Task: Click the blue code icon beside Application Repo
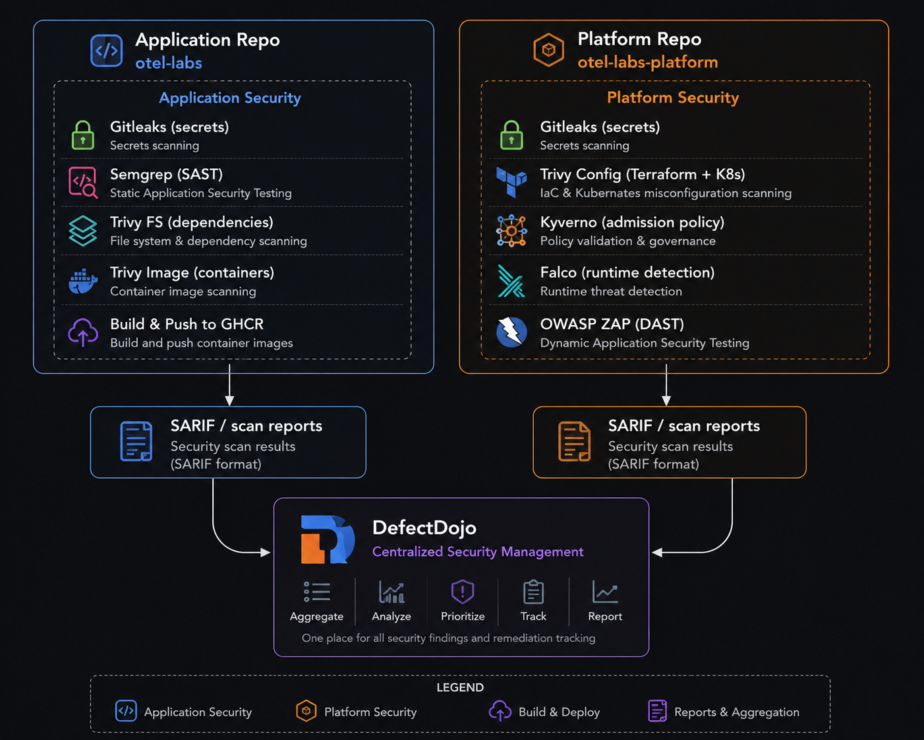107,51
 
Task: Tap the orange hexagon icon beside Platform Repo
548,50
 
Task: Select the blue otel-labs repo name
169,63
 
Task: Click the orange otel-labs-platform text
647,63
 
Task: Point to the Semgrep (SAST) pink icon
83,183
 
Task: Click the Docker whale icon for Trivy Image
83,282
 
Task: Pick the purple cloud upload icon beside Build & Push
83,332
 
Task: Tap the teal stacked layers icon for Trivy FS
83,231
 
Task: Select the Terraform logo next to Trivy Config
511,183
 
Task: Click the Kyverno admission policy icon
511,231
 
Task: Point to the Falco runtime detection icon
511,282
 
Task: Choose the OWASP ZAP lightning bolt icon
511,332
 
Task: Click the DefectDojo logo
328,540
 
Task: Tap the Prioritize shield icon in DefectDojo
463,592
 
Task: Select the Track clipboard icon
533,592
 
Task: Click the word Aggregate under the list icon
316,617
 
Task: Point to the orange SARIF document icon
574,441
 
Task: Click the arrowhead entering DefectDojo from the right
657,553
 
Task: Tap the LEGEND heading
460,688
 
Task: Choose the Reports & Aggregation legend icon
657,711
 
